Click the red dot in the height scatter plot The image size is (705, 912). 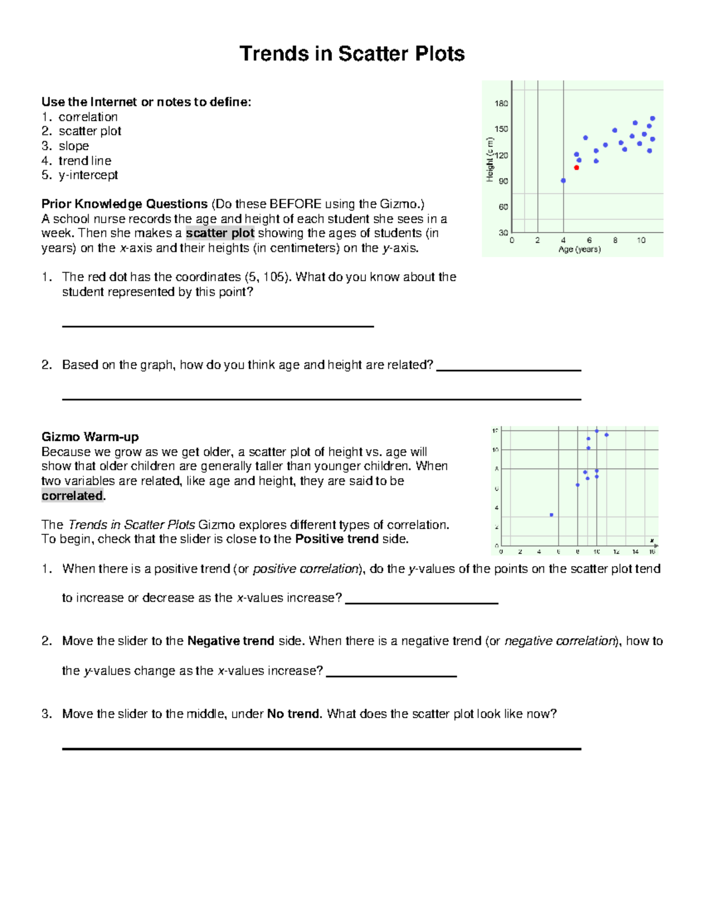click(x=576, y=168)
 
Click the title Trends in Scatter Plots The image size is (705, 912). click(x=352, y=53)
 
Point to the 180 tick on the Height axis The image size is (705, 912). click(x=501, y=103)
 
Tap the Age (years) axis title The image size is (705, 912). click(x=579, y=250)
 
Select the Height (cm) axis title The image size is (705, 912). click(x=489, y=159)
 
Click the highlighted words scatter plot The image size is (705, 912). click(x=220, y=233)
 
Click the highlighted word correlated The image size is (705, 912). click(x=72, y=496)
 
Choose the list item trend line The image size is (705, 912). click(x=85, y=160)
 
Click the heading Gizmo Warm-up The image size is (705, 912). click(x=90, y=437)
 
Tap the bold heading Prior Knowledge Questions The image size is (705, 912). click(x=125, y=204)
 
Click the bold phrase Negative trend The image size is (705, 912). click(x=230, y=641)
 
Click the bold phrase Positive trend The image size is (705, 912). click(x=337, y=539)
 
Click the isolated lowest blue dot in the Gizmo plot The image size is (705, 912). click(x=551, y=515)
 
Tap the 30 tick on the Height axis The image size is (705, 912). click(x=503, y=233)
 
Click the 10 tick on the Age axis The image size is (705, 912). click(x=641, y=240)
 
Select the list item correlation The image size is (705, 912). click(x=88, y=117)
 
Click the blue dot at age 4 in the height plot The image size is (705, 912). click(x=563, y=181)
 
